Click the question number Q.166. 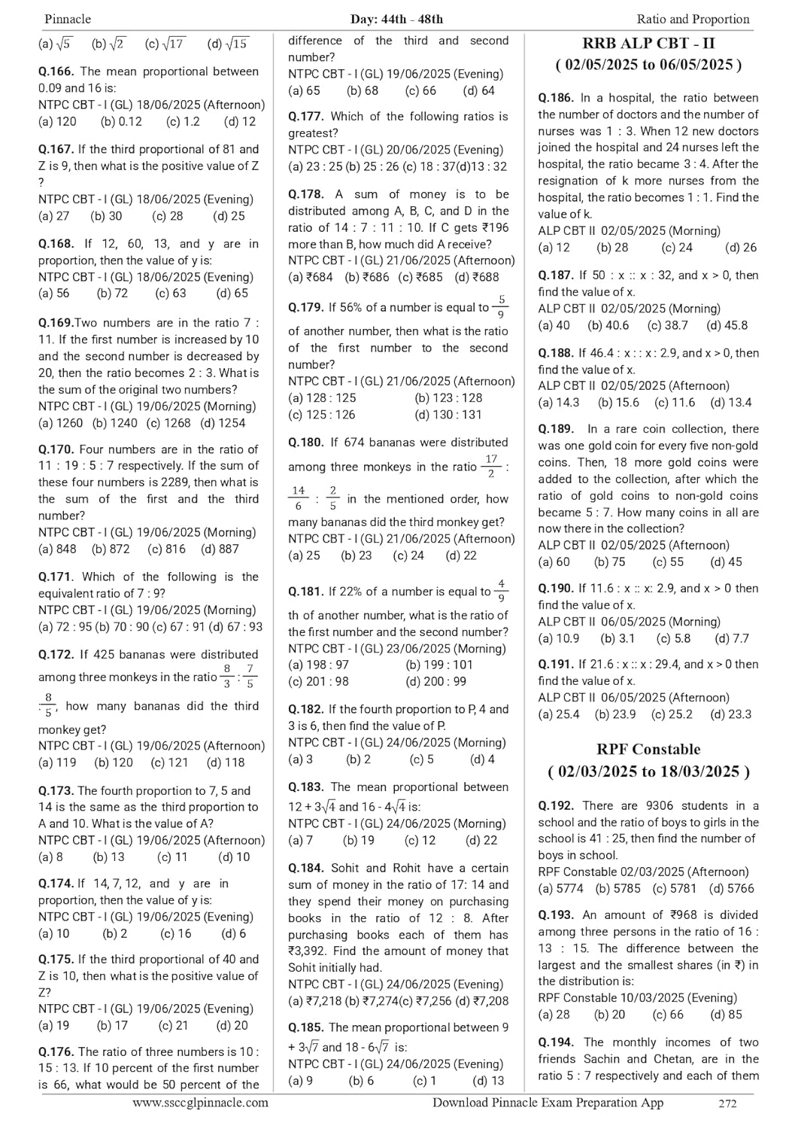[56, 72]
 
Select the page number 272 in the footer [727, 1103]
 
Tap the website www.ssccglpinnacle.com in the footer [200, 1103]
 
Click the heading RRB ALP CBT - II [648, 43]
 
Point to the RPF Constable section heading [648, 749]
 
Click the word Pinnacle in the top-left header [68, 19]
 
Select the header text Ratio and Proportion [693, 19]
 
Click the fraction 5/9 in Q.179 [501, 307]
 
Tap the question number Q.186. [556, 98]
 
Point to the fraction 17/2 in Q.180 [491, 466]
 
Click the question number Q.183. [306, 787]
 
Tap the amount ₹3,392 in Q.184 [311, 951]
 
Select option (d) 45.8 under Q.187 [727, 325]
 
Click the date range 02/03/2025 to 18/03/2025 [648, 771]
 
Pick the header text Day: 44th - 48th [396, 19]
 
